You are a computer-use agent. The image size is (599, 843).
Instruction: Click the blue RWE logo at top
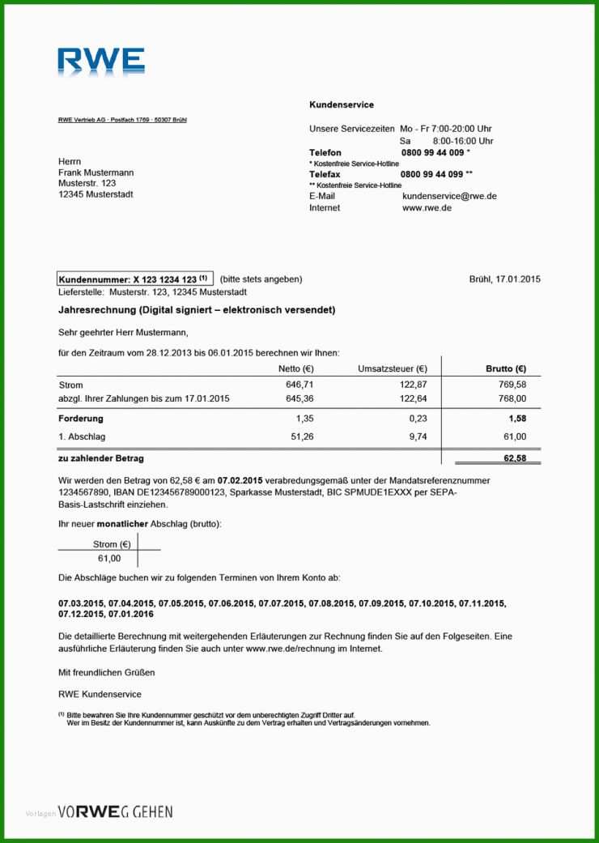[x=101, y=62]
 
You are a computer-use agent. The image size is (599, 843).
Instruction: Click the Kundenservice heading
[x=341, y=105]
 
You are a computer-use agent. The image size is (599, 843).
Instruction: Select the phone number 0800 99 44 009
[x=432, y=152]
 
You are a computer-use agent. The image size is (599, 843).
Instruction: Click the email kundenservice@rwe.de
[x=449, y=196]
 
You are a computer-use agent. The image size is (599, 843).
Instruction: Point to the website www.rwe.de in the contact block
[x=427, y=208]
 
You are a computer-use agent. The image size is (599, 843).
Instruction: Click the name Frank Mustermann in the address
[x=96, y=172]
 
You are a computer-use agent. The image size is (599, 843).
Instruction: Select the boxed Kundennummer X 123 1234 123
[x=134, y=279]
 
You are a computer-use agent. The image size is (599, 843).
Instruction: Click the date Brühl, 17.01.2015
[x=504, y=279]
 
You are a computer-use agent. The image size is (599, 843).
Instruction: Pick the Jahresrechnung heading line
[x=197, y=310]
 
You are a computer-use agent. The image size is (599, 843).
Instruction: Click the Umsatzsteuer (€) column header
[x=393, y=369]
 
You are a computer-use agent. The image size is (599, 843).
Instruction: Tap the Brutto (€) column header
[x=506, y=369]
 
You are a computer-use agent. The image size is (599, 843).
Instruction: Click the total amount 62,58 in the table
[x=514, y=458]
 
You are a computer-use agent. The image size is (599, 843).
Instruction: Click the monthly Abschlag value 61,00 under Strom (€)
[x=108, y=559]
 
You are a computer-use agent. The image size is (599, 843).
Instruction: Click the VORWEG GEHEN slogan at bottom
[x=115, y=811]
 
